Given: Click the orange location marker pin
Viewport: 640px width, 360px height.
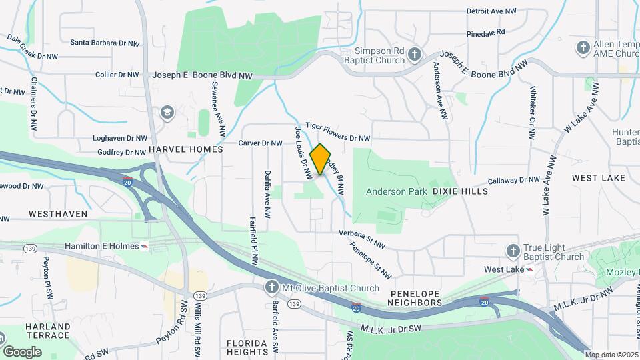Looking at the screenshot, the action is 321,159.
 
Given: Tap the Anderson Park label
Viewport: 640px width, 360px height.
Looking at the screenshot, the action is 396,191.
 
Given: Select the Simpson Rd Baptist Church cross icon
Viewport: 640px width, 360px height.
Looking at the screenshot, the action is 414,53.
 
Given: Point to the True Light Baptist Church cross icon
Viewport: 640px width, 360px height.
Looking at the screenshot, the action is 513,251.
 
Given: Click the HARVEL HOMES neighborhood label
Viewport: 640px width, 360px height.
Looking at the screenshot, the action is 185,150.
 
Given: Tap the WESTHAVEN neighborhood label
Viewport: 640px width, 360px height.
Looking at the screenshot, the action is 58,214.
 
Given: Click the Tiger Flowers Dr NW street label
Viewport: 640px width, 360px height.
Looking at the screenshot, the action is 338,131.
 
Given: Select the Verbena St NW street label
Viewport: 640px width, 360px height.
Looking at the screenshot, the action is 363,239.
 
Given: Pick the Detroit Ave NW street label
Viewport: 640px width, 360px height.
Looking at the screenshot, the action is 491,11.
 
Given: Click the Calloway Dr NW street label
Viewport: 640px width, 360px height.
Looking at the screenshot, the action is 513,181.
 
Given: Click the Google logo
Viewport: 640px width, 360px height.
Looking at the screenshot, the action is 22,351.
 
